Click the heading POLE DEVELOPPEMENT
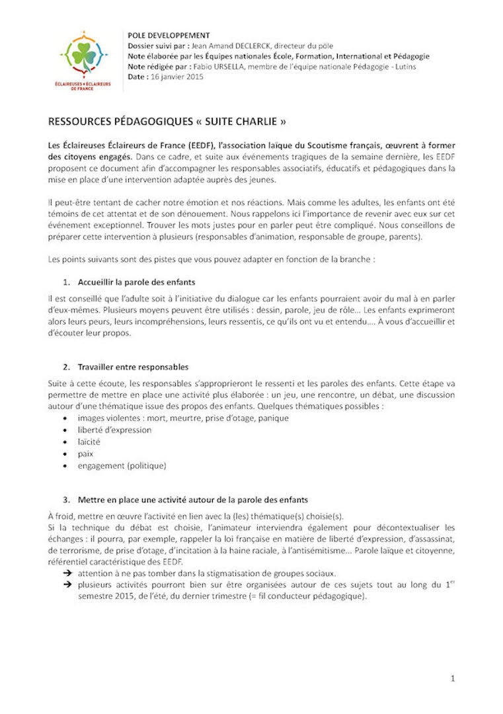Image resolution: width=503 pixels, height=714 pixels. coord(169,35)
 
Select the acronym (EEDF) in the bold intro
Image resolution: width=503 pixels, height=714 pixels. coord(182,145)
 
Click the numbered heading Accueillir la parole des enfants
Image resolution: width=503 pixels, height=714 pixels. coord(136,282)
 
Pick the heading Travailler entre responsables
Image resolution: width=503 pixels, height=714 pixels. coord(133,366)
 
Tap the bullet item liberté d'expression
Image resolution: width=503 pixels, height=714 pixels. coord(114,430)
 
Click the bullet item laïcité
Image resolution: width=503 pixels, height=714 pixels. coord(89,442)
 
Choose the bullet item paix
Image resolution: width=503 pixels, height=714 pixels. coord(85,454)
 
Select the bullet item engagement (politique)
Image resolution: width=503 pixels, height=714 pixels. coord(122,465)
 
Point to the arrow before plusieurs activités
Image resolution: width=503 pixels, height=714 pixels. coord(67,585)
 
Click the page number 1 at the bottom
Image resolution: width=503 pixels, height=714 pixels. coord(453,678)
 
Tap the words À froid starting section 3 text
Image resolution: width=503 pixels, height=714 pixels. coord(63,516)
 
